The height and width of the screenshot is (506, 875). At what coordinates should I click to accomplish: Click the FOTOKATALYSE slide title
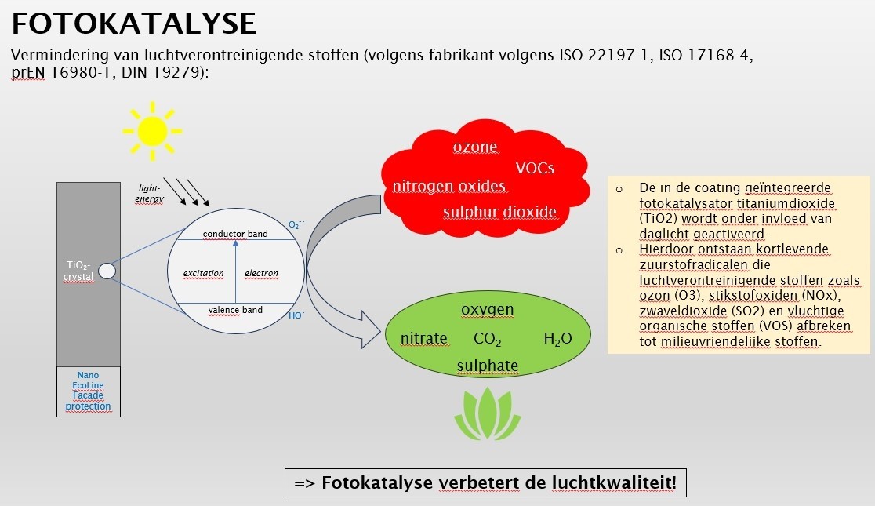(x=134, y=24)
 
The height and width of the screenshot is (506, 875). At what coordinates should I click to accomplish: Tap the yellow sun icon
(x=152, y=131)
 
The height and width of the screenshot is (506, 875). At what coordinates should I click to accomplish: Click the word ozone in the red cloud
(x=475, y=147)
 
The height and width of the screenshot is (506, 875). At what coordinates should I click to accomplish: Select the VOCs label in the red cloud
(x=535, y=168)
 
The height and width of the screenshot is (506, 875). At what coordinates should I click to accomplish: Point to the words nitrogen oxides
(x=449, y=186)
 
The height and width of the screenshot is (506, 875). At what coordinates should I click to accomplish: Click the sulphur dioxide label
(x=500, y=213)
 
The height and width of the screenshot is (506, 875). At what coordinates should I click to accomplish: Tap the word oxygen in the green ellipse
(x=487, y=310)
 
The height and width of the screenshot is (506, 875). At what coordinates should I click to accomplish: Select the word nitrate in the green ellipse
(x=424, y=338)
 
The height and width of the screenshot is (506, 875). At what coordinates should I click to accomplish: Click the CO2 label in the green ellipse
(x=487, y=339)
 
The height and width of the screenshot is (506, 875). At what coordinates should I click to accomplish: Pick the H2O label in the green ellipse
(x=557, y=339)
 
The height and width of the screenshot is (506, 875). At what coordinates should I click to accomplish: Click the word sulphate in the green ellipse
(x=488, y=366)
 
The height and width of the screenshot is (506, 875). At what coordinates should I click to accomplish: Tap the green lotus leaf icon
(x=488, y=413)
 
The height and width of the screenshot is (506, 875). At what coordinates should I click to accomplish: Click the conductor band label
(x=235, y=234)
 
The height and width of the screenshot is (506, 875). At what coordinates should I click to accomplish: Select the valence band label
(x=235, y=310)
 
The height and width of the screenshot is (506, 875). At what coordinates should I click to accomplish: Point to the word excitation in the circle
(x=203, y=273)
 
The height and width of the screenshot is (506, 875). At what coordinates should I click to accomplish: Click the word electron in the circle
(x=261, y=273)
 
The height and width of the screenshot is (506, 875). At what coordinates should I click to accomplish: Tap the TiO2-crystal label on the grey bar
(x=78, y=271)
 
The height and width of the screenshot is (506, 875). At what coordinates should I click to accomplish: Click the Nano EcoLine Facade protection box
(x=89, y=391)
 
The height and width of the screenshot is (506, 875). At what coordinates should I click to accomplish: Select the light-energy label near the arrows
(x=150, y=193)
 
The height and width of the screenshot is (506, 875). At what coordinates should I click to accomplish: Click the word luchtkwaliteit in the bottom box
(x=614, y=482)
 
